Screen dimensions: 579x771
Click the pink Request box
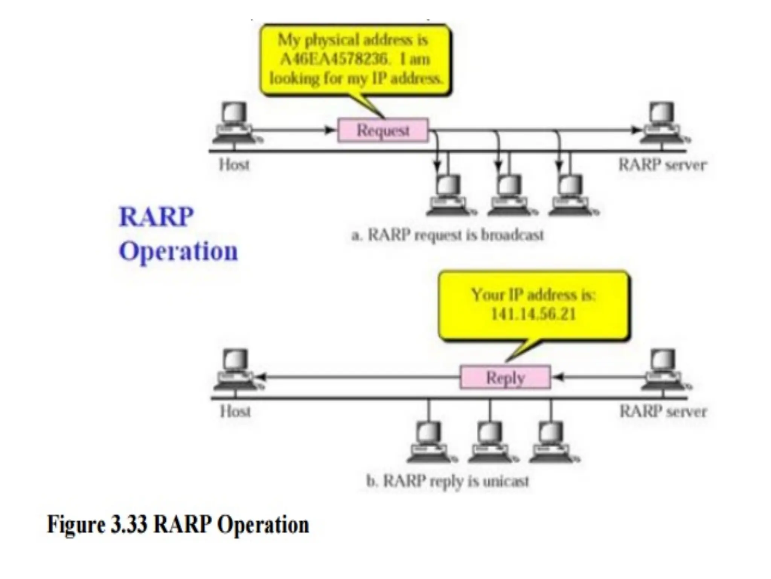coord(383,130)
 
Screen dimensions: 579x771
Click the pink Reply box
coord(505,377)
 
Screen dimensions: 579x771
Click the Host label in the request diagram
coord(234,165)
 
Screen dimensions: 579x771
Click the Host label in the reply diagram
coord(235,411)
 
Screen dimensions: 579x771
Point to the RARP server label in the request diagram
coord(663,165)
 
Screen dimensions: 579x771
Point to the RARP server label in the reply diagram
coord(663,411)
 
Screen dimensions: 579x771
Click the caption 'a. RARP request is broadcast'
coord(447,235)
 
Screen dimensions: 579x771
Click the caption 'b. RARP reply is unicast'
coord(448,481)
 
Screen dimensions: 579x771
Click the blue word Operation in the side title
coord(178,251)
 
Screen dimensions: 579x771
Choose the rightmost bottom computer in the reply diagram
coord(552,443)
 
